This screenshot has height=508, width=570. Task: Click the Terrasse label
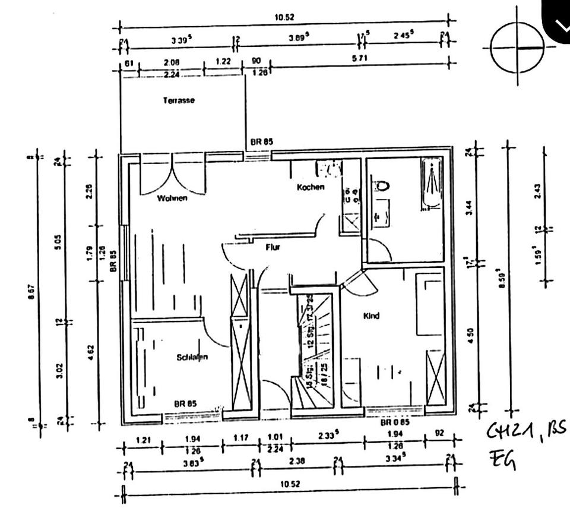179,100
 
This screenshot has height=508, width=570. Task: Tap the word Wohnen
172,198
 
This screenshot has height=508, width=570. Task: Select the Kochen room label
311,187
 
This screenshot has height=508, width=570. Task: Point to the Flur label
273,247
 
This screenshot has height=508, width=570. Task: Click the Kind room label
371,316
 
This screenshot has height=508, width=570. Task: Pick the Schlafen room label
192,357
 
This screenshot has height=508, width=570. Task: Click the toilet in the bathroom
382,185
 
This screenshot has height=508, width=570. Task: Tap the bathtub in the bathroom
432,183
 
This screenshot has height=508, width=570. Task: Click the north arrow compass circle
517,48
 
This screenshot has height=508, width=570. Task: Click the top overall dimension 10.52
284,17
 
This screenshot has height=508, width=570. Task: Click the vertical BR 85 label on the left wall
113,260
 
